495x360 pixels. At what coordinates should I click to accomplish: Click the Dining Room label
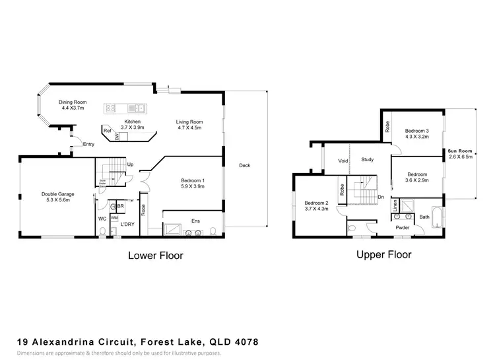pos(73,102)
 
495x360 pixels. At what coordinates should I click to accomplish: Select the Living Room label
pos(189,122)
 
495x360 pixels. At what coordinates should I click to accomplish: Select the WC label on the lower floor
pos(102,218)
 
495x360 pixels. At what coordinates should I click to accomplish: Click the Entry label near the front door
pos(88,144)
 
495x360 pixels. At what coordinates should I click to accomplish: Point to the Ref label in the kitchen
pos(107,131)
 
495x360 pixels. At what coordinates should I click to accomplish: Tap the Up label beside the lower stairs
pos(130,164)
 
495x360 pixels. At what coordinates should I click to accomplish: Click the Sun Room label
pos(460,151)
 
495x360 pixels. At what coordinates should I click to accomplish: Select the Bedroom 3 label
pos(417,131)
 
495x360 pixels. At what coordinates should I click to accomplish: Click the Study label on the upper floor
pos(368,159)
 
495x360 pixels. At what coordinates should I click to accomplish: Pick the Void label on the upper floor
pos(343,160)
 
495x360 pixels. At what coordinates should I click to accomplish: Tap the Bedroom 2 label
pos(317,203)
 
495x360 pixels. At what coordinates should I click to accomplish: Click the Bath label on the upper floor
pos(424,216)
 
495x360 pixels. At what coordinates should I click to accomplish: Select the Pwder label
pos(403,228)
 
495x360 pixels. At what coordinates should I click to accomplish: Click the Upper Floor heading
pos(383,254)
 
